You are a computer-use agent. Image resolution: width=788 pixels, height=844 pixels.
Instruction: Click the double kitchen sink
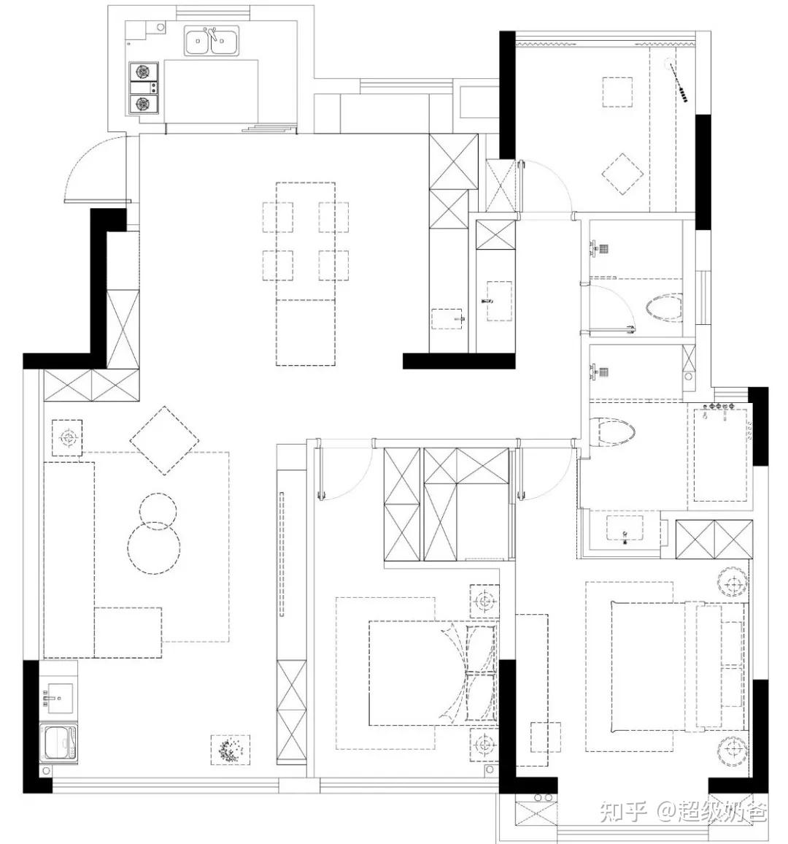212,42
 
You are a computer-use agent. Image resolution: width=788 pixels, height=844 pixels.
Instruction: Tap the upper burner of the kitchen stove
143,72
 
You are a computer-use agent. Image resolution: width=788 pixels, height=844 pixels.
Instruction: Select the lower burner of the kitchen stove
143,104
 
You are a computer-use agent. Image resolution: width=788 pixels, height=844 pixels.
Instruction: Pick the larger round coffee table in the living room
154,548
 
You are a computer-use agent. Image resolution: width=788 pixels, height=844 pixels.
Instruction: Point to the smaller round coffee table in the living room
158,511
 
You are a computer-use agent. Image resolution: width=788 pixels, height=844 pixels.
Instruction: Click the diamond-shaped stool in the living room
165,441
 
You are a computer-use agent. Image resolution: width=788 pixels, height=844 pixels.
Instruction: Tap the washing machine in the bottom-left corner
59,742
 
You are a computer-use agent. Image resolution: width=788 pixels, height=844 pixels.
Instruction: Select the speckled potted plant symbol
231,749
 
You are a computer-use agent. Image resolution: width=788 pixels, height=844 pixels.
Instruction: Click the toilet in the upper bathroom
664,307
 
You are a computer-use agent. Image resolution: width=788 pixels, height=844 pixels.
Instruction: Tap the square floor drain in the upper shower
603,249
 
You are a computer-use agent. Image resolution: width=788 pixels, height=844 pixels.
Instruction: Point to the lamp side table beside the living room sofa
67,438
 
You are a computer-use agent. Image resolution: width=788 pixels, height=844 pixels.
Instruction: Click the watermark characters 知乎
623,812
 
